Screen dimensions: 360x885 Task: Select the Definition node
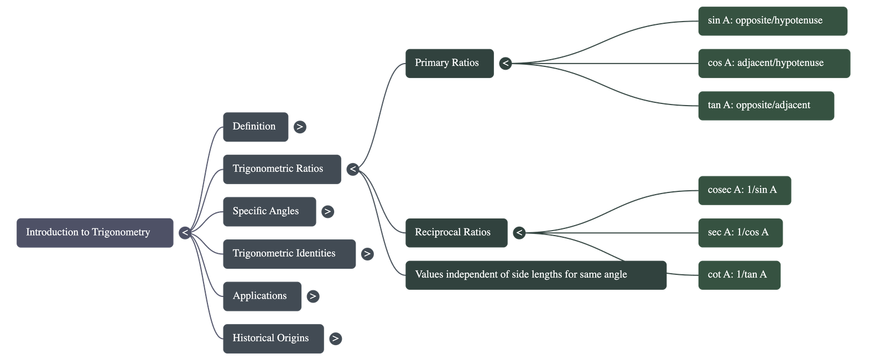tap(255, 127)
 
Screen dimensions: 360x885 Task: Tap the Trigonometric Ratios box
tap(282, 169)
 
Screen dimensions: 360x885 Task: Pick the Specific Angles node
tap(269, 211)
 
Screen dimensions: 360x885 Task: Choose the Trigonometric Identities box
tap(289, 254)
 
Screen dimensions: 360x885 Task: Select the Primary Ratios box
tap(449, 63)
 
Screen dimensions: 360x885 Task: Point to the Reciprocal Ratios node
tap(456, 232)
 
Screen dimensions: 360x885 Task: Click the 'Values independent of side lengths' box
tap(535, 275)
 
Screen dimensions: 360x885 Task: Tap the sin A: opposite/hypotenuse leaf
tap(772, 21)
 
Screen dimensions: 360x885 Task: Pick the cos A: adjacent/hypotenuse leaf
tap(774, 63)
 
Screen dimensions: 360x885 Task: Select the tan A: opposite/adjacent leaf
tap(766, 106)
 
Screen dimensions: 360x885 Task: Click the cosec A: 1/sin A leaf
tap(744, 190)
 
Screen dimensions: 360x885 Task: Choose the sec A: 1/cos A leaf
tap(740, 232)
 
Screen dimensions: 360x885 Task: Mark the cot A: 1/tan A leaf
tap(739, 275)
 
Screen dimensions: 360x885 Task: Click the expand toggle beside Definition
tap(299, 127)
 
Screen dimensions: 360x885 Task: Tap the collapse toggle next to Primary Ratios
tap(505, 64)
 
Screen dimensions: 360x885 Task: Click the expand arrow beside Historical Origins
tap(335, 338)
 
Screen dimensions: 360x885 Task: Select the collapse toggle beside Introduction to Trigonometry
tap(185, 233)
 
